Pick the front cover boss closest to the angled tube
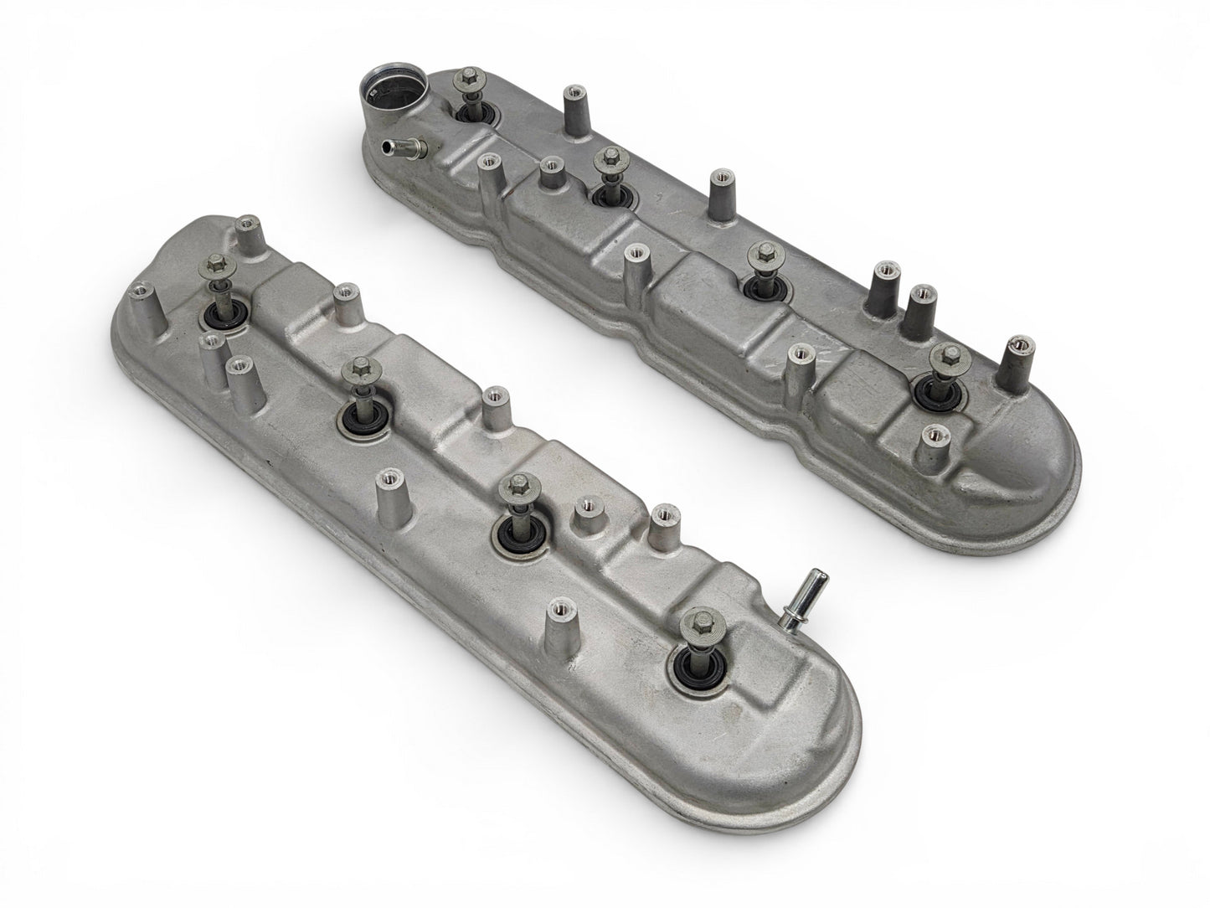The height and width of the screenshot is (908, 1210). (662, 514)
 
